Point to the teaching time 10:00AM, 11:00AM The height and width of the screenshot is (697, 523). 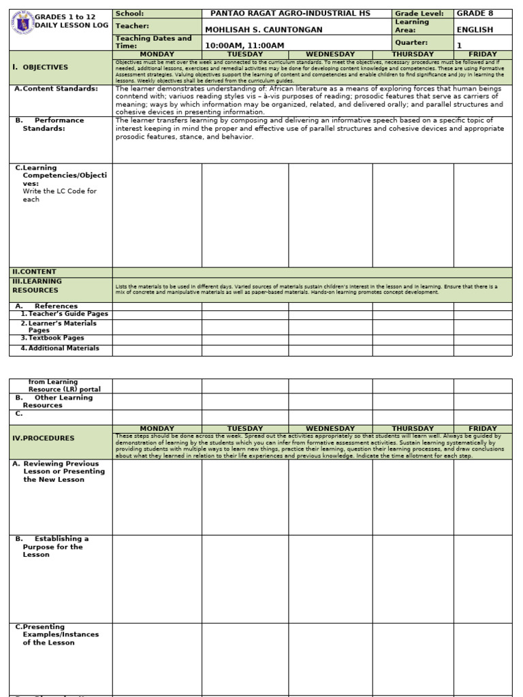click(x=245, y=46)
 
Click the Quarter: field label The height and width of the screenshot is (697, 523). click(x=411, y=42)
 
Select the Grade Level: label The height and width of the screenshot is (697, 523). click(x=419, y=14)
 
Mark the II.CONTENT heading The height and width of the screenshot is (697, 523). click(x=35, y=272)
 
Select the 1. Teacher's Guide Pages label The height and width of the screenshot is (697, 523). click(x=64, y=314)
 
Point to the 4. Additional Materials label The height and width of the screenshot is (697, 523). click(x=60, y=348)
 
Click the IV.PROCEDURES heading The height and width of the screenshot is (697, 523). click(x=44, y=438)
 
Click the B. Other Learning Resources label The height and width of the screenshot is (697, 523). click(x=54, y=402)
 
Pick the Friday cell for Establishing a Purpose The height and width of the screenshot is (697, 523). click(x=483, y=579)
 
